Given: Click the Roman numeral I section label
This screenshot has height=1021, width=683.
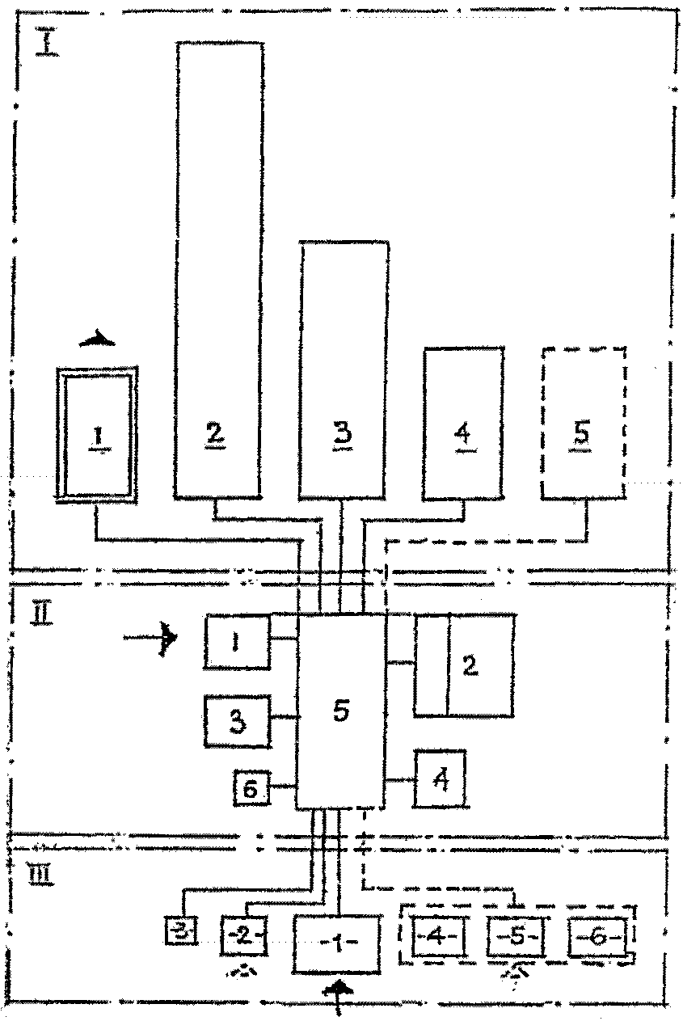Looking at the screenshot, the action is click(x=46, y=41).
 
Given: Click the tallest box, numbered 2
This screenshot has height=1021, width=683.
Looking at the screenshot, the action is click(x=218, y=267).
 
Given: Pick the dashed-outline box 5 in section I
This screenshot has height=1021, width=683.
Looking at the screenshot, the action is click(x=584, y=423).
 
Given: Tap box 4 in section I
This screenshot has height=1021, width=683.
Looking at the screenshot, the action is click(x=463, y=423).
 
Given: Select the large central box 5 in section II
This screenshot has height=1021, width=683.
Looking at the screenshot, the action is click(x=340, y=711).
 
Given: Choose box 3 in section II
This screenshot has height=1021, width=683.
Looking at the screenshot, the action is click(x=238, y=721).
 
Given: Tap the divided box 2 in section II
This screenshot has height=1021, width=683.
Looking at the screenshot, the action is click(x=464, y=664).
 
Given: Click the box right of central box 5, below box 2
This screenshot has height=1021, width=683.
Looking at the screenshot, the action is click(x=440, y=778).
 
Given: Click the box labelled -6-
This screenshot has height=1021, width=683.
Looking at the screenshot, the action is click(x=598, y=939).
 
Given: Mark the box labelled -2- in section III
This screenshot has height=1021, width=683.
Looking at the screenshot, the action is click(x=243, y=939).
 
